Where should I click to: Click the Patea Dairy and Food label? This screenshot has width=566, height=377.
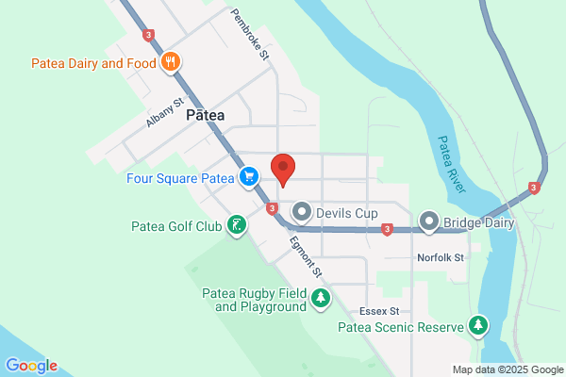tap(91, 63)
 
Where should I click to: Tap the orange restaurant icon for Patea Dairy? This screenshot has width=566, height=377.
tap(171, 63)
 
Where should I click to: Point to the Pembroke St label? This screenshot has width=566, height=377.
tap(251, 36)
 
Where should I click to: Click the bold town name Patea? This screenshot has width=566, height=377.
tap(206, 114)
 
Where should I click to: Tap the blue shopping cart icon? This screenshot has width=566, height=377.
tap(249, 176)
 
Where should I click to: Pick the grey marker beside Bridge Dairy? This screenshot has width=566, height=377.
tap(429, 222)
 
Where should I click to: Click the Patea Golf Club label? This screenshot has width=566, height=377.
tap(176, 226)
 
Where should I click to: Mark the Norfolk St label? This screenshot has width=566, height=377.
tap(441, 257)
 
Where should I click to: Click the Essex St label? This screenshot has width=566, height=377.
tap(381, 311)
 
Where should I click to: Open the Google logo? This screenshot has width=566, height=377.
tap(31, 366)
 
